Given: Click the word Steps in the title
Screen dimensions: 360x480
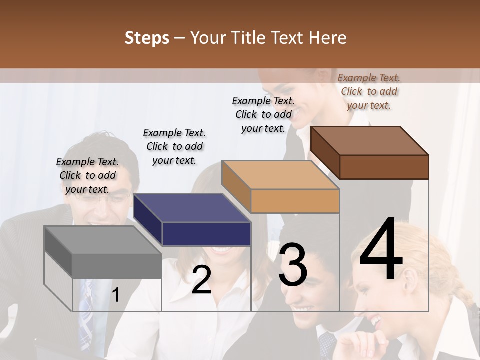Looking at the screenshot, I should pyautogui.click(x=147, y=38).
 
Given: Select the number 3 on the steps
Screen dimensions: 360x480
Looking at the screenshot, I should pyautogui.click(x=293, y=265).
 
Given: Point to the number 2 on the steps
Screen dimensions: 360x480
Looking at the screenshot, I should pyautogui.click(x=201, y=280).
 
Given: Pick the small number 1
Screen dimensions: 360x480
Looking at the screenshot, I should pyautogui.click(x=116, y=295).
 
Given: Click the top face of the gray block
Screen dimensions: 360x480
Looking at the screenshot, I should pyautogui.click(x=103, y=240).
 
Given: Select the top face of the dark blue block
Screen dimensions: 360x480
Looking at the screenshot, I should pyautogui.click(x=192, y=208).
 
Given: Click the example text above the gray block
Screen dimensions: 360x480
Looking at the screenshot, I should pyautogui.click(x=87, y=175).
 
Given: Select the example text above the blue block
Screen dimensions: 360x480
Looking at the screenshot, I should pyautogui.click(x=174, y=146).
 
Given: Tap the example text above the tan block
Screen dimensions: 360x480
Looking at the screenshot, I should pyautogui.click(x=263, y=114).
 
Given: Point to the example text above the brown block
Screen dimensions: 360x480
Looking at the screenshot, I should pyautogui.click(x=369, y=91).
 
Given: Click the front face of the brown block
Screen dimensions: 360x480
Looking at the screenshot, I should pyautogui.click(x=384, y=167).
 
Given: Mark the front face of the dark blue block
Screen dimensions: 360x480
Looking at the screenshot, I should pyautogui.click(x=206, y=234).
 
